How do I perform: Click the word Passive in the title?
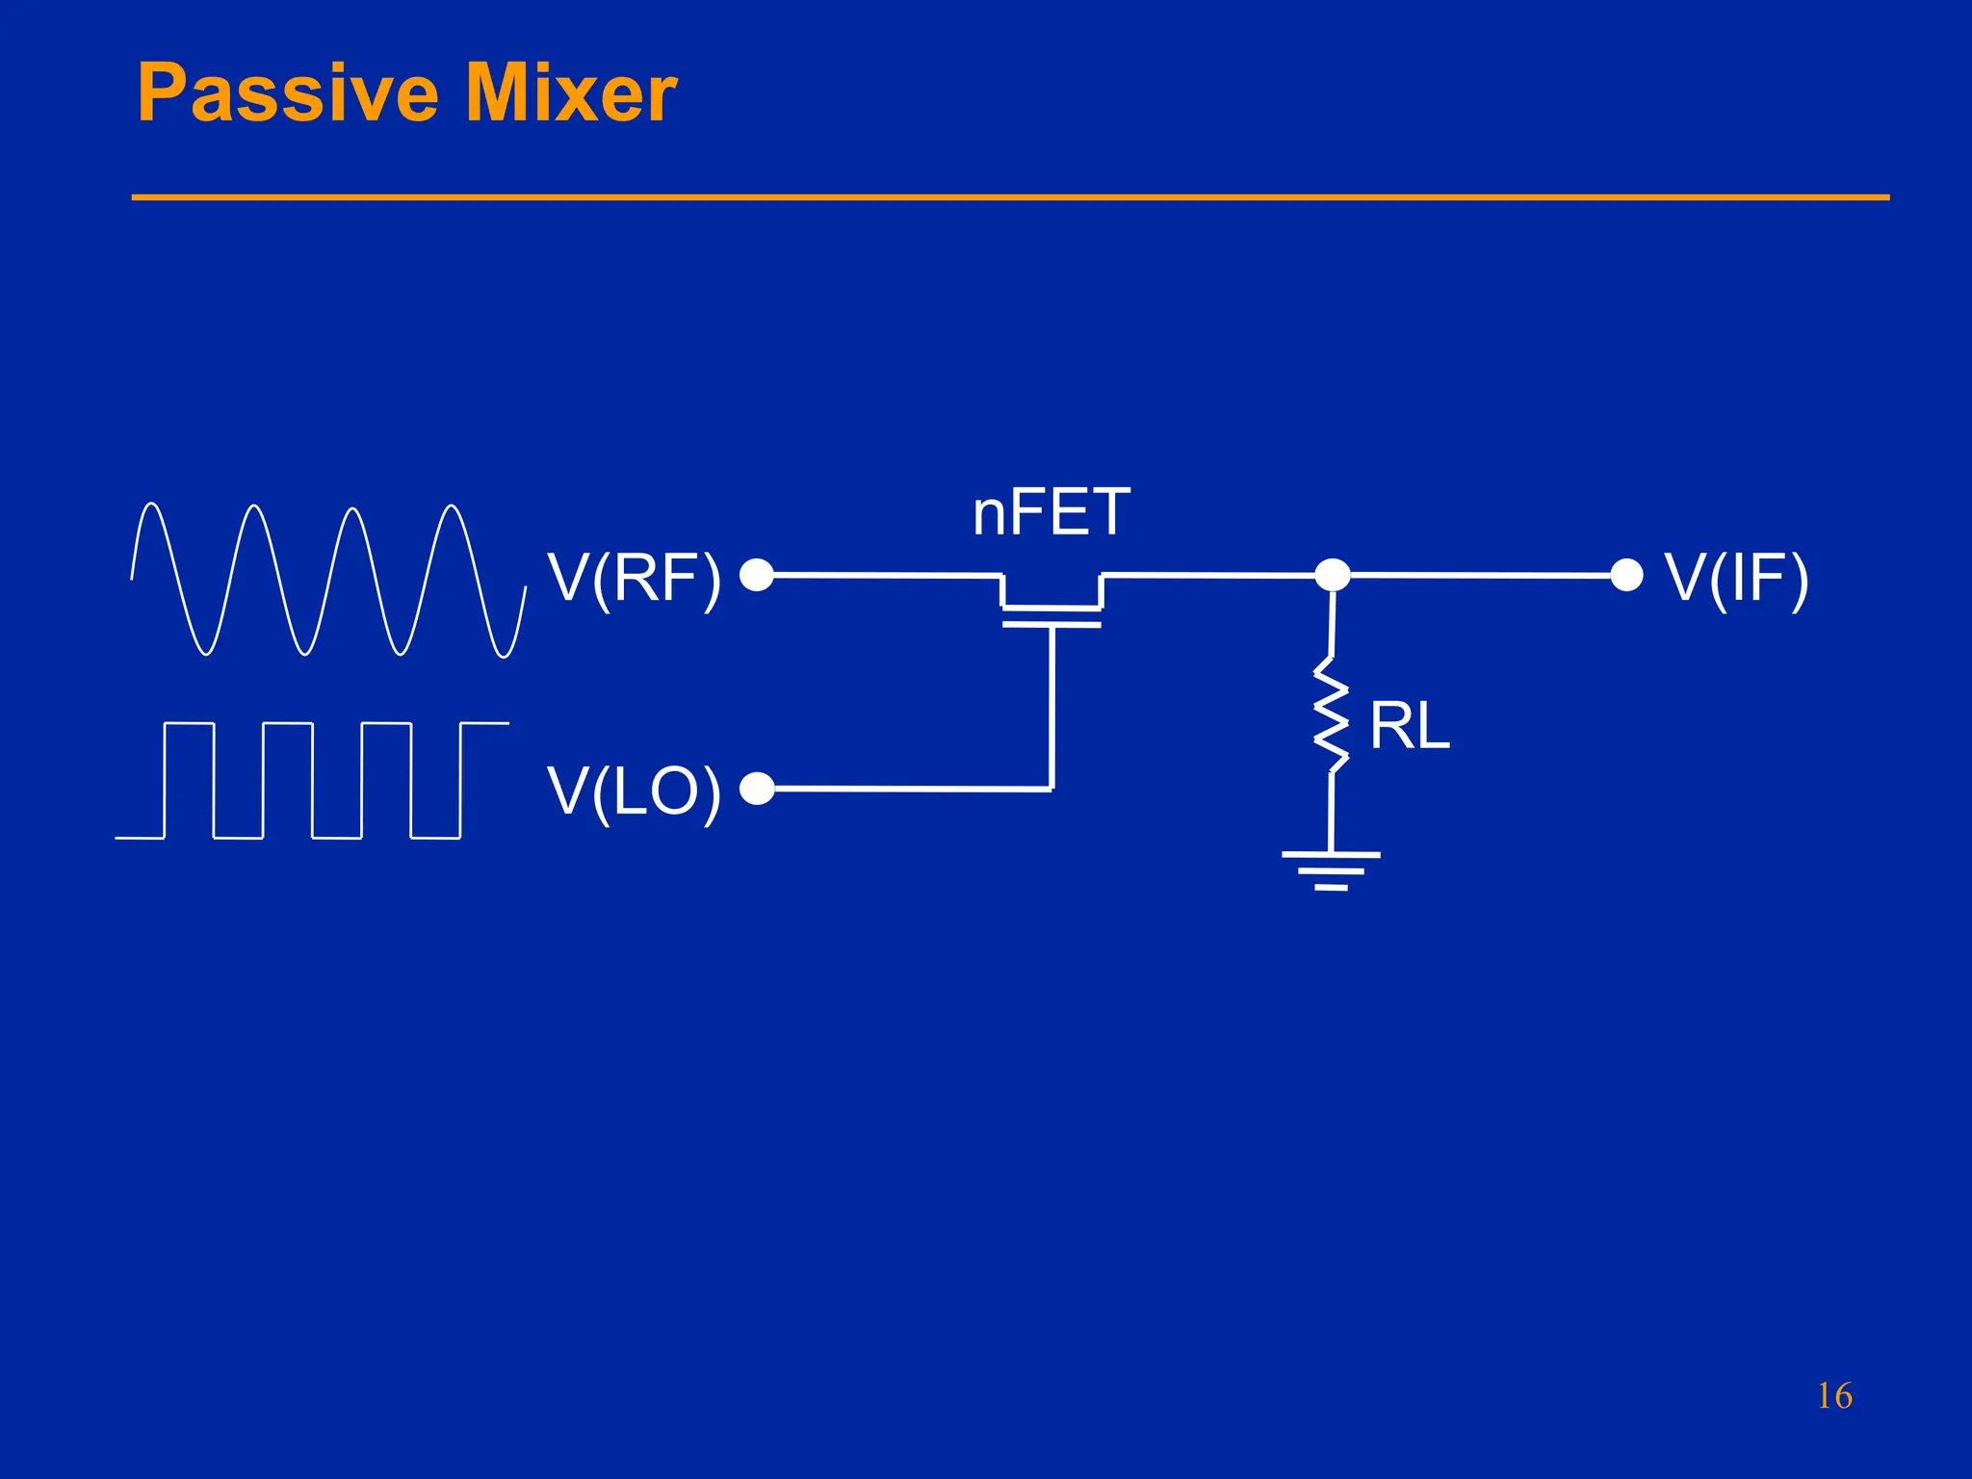(x=287, y=93)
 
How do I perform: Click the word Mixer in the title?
(x=571, y=93)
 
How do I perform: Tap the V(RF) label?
(x=635, y=579)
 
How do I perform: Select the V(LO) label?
(x=635, y=792)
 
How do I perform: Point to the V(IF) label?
(x=1737, y=579)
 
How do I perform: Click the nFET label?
(x=1051, y=513)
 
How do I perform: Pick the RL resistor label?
(x=1409, y=727)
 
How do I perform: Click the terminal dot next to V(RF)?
(x=757, y=575)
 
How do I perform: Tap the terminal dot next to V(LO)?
(x=757, y=789)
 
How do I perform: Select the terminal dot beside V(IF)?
(x=1626, y=575)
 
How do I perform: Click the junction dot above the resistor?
(x=1333, y=575)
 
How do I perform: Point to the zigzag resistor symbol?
(x=1332, y=714)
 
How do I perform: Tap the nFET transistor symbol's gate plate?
(x=1051, y=624)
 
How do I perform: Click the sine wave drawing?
(x=327, y=580)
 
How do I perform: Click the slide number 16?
(x=1834, y=1396)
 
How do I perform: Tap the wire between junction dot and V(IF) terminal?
(x=1483, y=575)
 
